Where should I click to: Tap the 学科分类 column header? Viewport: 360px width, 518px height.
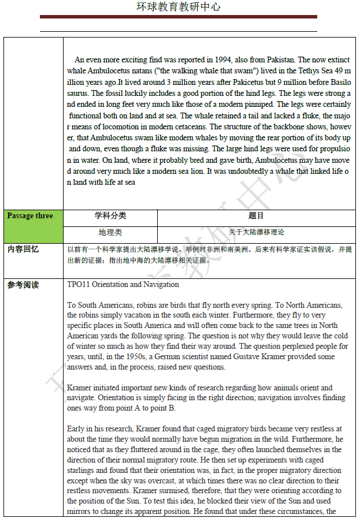110,216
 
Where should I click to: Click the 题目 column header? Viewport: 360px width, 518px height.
256,216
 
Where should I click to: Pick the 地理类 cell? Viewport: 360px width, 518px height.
110,232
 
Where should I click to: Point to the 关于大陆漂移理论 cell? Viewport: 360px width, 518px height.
256,232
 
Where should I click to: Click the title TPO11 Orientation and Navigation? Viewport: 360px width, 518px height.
123,285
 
